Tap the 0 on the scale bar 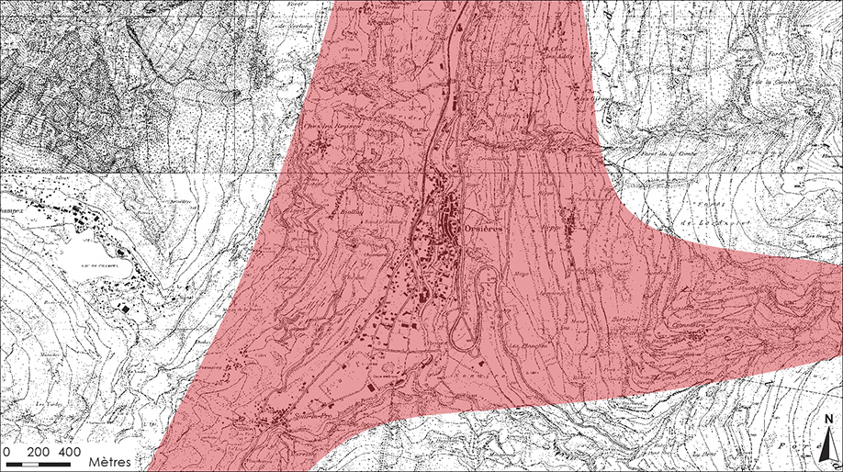[x=7, y=453]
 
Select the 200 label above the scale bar [x=39, y=453]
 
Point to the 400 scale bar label [x=70, y=453]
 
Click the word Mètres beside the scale [x=110, y=457]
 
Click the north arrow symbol [x=828, y=444]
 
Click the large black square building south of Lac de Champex [x=123, y=309]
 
